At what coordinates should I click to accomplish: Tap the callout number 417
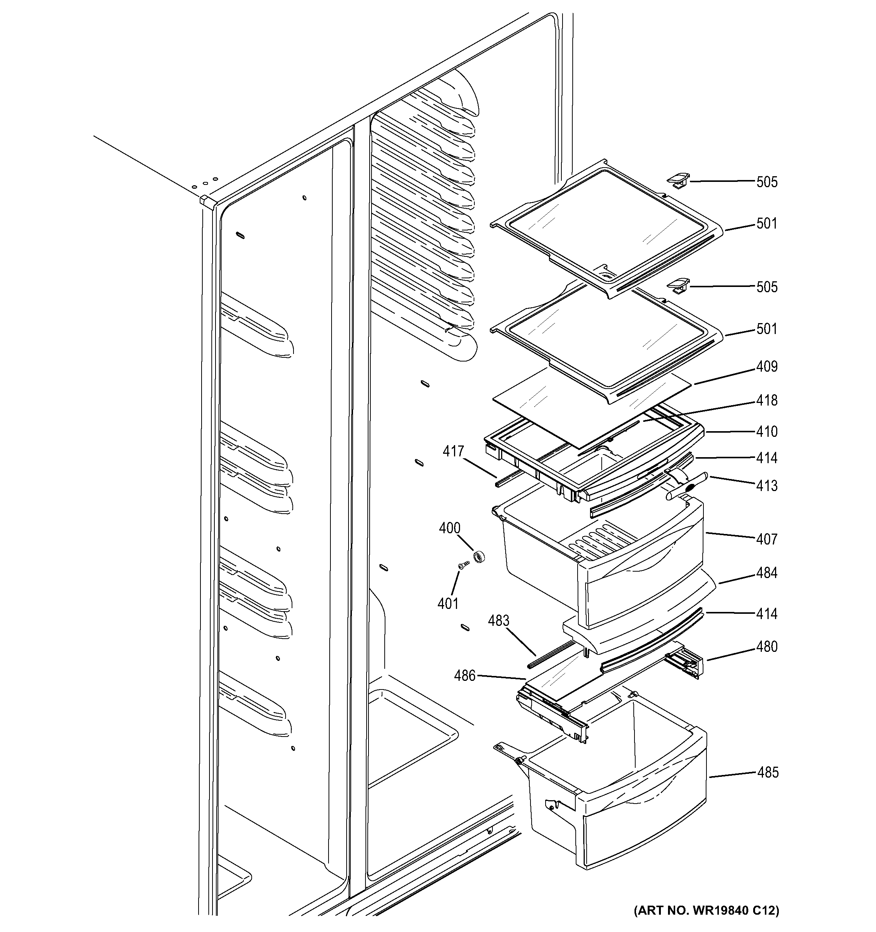click(454, 452)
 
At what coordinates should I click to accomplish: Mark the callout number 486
click(464, 676)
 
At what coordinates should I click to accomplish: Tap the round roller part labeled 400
click(479, 557)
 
